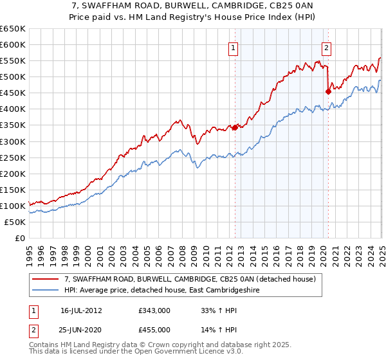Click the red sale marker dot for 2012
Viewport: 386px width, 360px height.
pyautogui.click(x=235, y=127)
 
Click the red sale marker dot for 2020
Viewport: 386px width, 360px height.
pyautogui.click(x=328, y=91)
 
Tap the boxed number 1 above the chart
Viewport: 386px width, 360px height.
pyautogui.click(x=232, y=47)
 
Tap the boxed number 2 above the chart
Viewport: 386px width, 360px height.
pyautogui.click(x=326, y=47)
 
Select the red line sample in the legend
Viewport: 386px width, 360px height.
pyautogui.click(x=45, y=280)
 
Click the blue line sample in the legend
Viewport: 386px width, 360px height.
pyautogui.click(x=45, y=290)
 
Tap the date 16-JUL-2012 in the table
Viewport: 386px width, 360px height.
pyautogui.click(x=81, y=310)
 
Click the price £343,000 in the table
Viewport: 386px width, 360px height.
pyautogui.click(x=154, y=310)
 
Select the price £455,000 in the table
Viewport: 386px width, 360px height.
pyautogui.click(x=154, y=330)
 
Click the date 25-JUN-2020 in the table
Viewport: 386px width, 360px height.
pyautogui.click(x=81, y=330)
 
